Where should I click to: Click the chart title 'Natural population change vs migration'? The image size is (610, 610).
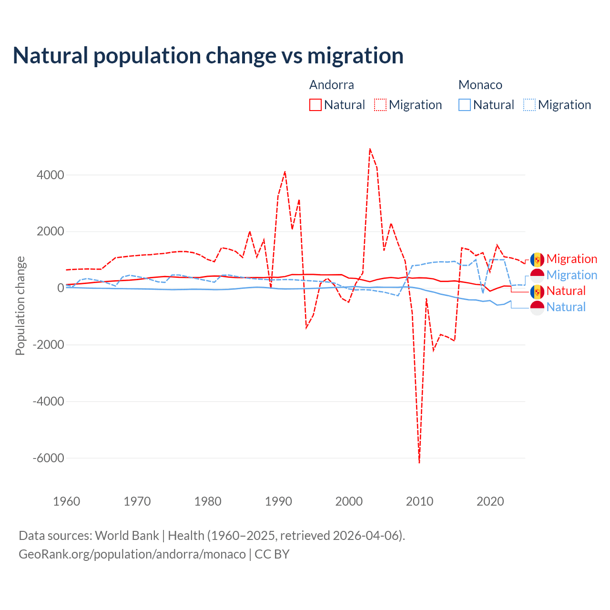(x=208, y=56)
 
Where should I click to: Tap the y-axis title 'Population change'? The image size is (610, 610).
(x=20, y=305)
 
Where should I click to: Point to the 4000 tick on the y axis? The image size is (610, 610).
(x=51, y=175)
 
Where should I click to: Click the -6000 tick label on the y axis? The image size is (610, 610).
(x=48, y=458)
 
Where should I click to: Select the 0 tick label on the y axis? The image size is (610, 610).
(x=61, y=288)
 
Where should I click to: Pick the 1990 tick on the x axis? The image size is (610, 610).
(x=278, y=501)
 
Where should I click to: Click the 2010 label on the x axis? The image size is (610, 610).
(x=419, y=501)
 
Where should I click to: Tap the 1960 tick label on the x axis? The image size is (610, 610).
(x=67, y=501)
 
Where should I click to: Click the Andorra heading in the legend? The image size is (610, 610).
(x=332, y=85)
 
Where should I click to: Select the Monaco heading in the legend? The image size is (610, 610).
(x=480, y=85)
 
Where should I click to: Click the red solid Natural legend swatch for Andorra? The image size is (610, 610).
(x=315, y=105)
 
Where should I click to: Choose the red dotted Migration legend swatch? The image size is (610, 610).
(x=380, y=105)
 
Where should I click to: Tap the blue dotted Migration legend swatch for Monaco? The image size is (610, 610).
(x=529, y=105)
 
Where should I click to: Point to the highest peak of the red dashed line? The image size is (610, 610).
(x=370, y=149)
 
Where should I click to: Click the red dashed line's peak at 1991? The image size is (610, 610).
(x=285, y=172)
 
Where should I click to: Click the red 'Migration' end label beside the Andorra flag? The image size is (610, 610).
(x=572, y=259)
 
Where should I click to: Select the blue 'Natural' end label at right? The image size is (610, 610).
(x=566, y=307)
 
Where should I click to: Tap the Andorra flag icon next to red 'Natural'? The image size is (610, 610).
(x=537, y=291)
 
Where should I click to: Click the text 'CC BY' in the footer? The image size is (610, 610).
(x=272, y=554)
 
